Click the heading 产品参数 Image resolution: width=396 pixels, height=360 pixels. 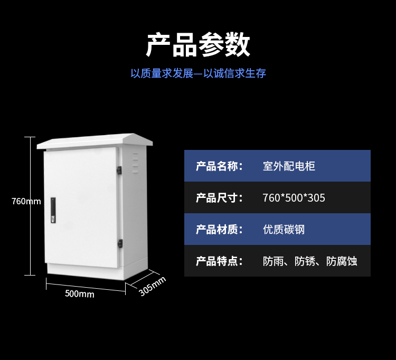coord(198,44)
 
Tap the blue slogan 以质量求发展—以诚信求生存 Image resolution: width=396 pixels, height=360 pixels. coord(198,73)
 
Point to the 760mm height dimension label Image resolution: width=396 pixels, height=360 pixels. coord(26,201)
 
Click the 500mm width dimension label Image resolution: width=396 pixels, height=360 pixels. coord(79,293)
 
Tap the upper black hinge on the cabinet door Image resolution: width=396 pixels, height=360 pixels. coord(120,170)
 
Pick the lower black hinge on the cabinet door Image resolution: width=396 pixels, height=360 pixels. coord(120,243)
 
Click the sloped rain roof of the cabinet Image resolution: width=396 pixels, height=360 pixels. coord(95,140)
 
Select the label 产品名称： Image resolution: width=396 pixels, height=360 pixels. coord(219,166)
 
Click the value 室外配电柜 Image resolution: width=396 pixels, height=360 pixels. coord(289,166)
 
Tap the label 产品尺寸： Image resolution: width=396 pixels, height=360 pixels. coord(219,198)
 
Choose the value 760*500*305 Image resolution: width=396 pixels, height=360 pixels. coord(294,198)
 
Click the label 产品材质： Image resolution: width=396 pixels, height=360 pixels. coord(219,230)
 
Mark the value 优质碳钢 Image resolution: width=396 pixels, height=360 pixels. coord(284,230)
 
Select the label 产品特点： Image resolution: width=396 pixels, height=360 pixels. coord(219,261)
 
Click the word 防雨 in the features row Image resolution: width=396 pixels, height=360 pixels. coord(273,261)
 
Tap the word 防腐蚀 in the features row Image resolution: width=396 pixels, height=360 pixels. coord(342,261)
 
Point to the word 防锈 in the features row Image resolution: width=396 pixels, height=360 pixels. coord(305,261)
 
